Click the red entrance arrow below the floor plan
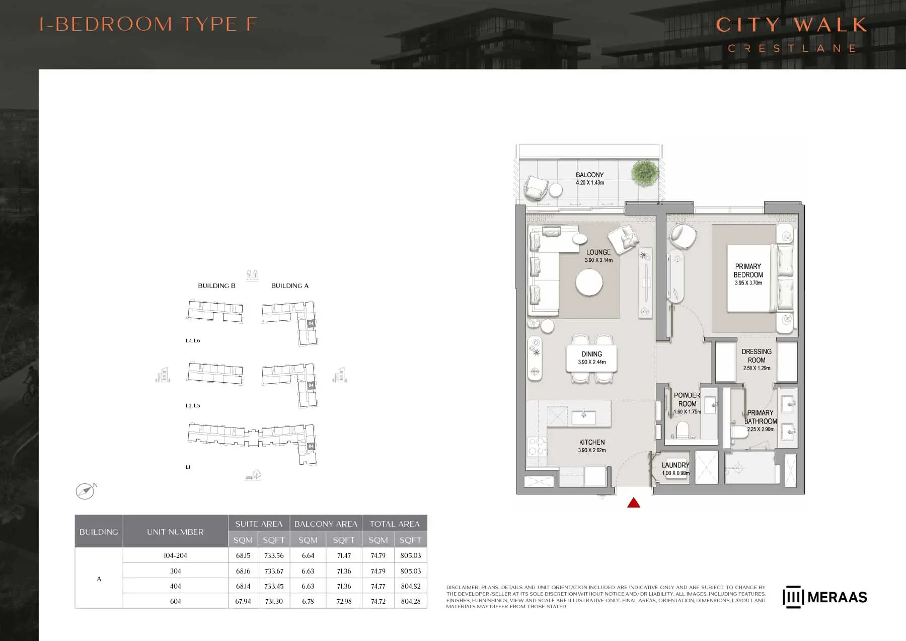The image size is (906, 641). tap(634, 502)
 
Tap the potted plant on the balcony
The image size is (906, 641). tap(644, 173)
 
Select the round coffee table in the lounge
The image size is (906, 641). tap(589, 282)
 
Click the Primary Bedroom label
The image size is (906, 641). tap(748, 270)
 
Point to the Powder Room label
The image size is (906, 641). tap(687, 399)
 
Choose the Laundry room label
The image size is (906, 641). tap(675, 465)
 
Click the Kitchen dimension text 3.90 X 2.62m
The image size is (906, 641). tap(592, 450)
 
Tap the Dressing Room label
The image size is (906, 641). tap(757, 355)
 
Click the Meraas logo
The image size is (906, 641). tap(825, 597)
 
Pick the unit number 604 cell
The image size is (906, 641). tap(175, 601)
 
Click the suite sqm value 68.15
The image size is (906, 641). tap(243, 555)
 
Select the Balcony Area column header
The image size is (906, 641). tap(326, 524)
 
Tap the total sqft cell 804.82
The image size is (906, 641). tap(411, 586)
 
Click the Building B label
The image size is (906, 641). tap(216, 286)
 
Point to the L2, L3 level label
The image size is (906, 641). tap(193, 405)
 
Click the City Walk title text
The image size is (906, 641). tap(791, 25)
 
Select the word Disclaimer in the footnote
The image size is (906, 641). tap(463, 587)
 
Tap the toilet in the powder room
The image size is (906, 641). tap(683, 431)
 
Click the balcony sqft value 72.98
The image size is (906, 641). tap(344, 601)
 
